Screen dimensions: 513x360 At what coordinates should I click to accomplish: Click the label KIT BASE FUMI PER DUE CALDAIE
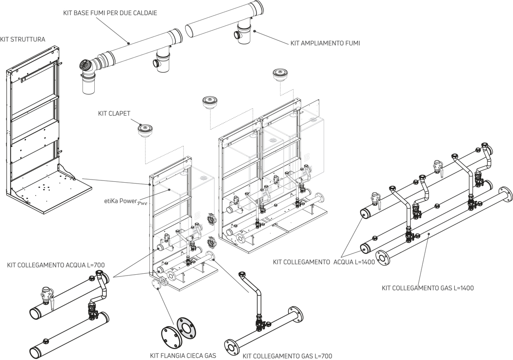110,13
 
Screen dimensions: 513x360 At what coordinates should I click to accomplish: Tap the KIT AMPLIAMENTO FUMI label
325,43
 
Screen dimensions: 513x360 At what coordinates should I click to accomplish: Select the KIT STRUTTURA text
23,40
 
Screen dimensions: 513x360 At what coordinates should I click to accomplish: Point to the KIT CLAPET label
114,113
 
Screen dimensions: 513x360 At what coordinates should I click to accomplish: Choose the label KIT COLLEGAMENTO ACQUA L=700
56,265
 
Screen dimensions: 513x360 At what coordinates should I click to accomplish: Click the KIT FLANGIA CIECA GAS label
183,356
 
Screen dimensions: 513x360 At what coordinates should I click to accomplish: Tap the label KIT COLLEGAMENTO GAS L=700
287,356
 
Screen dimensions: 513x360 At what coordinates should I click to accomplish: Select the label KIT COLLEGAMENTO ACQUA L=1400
324,262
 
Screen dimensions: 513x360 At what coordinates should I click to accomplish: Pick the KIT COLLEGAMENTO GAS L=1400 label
428,288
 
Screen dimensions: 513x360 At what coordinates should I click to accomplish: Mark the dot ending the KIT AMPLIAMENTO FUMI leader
254,31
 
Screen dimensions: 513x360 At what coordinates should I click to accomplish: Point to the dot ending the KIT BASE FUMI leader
129,43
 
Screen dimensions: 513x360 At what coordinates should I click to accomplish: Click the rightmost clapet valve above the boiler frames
280,75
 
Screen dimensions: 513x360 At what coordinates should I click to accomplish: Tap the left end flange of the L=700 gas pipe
232,347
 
